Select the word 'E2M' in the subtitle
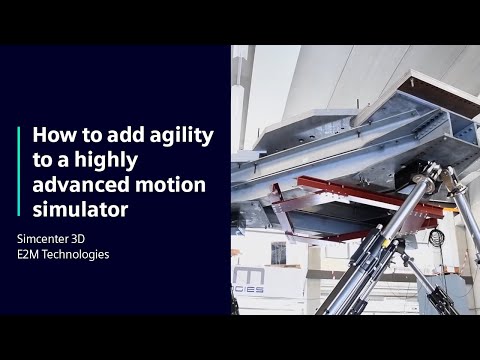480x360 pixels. tap(29, 254)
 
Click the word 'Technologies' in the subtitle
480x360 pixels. tap(76, 254)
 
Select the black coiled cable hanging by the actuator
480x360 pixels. tap(436, 237)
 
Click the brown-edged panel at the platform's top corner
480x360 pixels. tap(440, 90)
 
